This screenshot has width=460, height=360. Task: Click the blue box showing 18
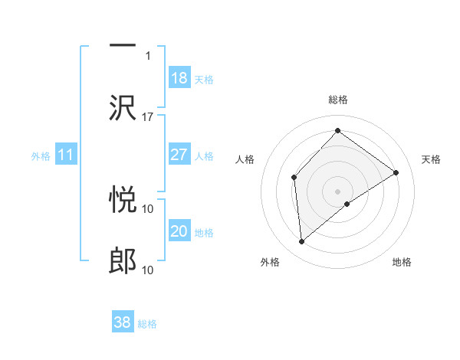tap(179, 78)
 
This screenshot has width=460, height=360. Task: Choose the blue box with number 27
tap(179, 155)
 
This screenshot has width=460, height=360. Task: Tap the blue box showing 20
tap(179, 231)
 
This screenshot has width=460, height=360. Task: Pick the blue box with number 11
tap(66, 155)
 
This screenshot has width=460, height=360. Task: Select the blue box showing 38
tap(123, 322)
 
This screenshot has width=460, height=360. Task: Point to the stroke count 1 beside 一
tap(148, 55)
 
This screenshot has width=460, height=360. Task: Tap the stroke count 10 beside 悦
tap(148, 208)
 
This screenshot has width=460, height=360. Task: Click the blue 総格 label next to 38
tap(147, 324)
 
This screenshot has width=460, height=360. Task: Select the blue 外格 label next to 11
tap(40, 156)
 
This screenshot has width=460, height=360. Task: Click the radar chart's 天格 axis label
tap(431, 159)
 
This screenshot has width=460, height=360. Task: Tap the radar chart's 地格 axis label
tap(402, 263)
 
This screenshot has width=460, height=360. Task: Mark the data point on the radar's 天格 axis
tap(396, 172)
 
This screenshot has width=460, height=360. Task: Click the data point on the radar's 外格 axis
tap(302, 242)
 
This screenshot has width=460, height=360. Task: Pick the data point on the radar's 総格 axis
tap(337, 132)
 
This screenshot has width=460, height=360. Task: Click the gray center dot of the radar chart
tap(337, 191)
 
